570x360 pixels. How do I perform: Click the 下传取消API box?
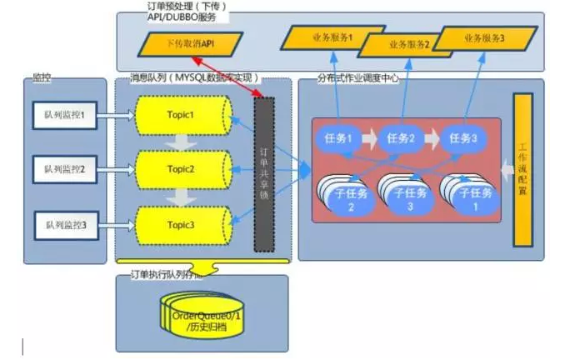191,43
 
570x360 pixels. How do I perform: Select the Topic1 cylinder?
182,115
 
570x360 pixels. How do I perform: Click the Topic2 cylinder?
182,169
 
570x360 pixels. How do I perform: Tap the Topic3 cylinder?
182,225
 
